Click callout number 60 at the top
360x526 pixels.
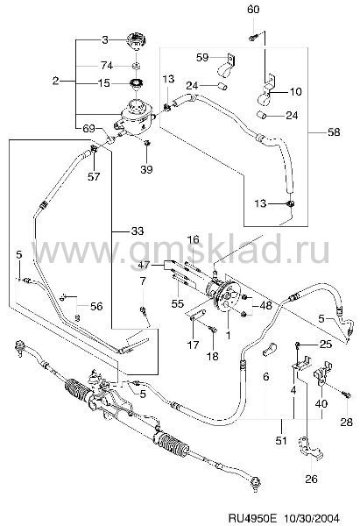pos(253,9)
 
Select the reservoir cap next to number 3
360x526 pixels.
pos(137,41)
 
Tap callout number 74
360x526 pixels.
pos(107,65)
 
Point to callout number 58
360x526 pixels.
pos(334,131)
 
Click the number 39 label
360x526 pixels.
pos(146,169)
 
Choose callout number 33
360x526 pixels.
pos(138,231)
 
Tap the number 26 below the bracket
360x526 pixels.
pos(311,479)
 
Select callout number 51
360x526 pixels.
pos(281,440)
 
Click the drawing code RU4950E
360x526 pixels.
pos(253,518)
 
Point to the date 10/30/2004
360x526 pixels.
pos(312,518)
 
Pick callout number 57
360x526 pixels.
pos(94,176)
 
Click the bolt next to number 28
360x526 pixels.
pos(347,396)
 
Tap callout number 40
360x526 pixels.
pos(321,403)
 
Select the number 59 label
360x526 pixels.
pos(202,57)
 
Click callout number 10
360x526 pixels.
pos(295,91)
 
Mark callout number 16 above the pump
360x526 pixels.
pos(193,239)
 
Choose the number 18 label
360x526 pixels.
pos(213,356)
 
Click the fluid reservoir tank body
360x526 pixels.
pos(136,116)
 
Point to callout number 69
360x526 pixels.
pos(88,129)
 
